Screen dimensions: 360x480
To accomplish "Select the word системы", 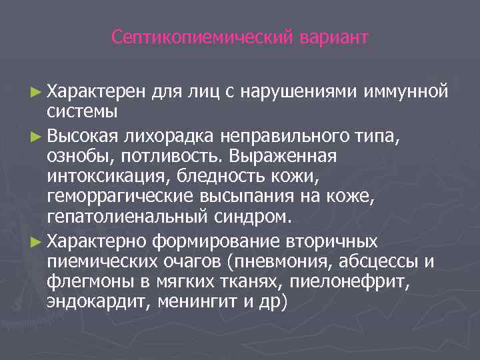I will coord(82,108).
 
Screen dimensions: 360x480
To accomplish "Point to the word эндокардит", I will coord(99,301).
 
